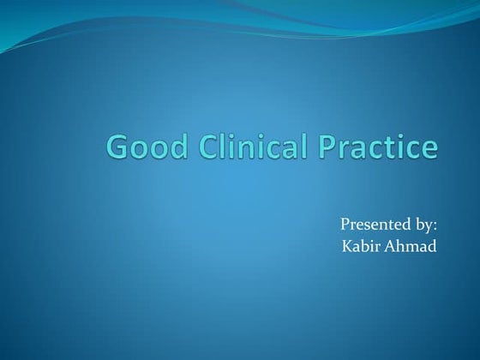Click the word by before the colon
click(x=423, y=225)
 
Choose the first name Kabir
click(x=360, y=247)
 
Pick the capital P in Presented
click(x=345, y=225)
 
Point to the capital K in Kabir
click(x=345, y=247)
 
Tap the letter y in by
click(x=428, y=227)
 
